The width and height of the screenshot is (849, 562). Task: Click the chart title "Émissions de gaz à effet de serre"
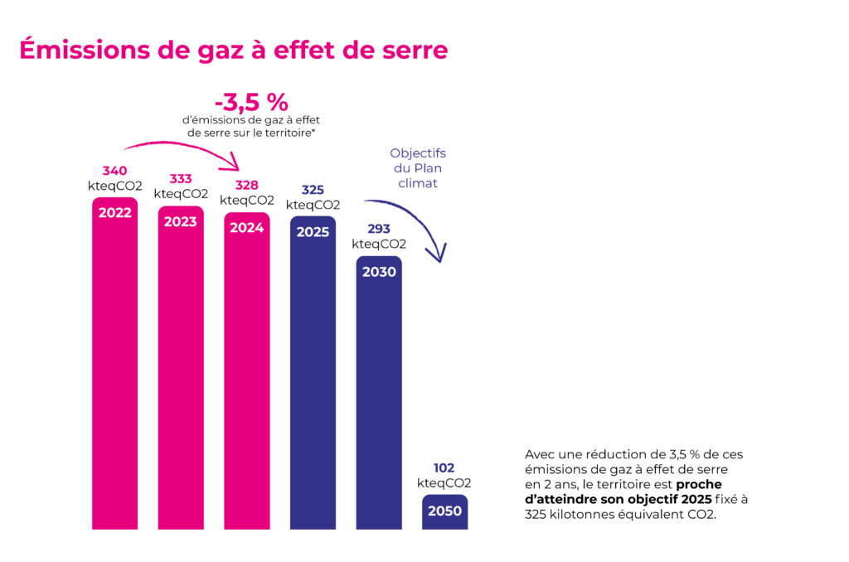tap(233, 50)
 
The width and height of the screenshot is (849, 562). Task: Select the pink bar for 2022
tap(114, 365)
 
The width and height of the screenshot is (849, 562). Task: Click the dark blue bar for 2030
tap(379, 398)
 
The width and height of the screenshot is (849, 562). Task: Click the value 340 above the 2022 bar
tap(114, 172)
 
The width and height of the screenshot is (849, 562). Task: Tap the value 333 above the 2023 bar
tap(181, 179)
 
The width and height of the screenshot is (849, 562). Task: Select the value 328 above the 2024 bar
tap(247, 186)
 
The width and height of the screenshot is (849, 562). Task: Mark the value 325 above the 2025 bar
tap(313, 190)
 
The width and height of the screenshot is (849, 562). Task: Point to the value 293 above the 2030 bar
tap(379, 230)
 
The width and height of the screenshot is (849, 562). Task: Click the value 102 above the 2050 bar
tap(444, 468)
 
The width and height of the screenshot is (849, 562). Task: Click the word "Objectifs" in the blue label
tap(418, 153)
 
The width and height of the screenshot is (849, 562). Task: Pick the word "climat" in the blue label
tap(418, 183)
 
